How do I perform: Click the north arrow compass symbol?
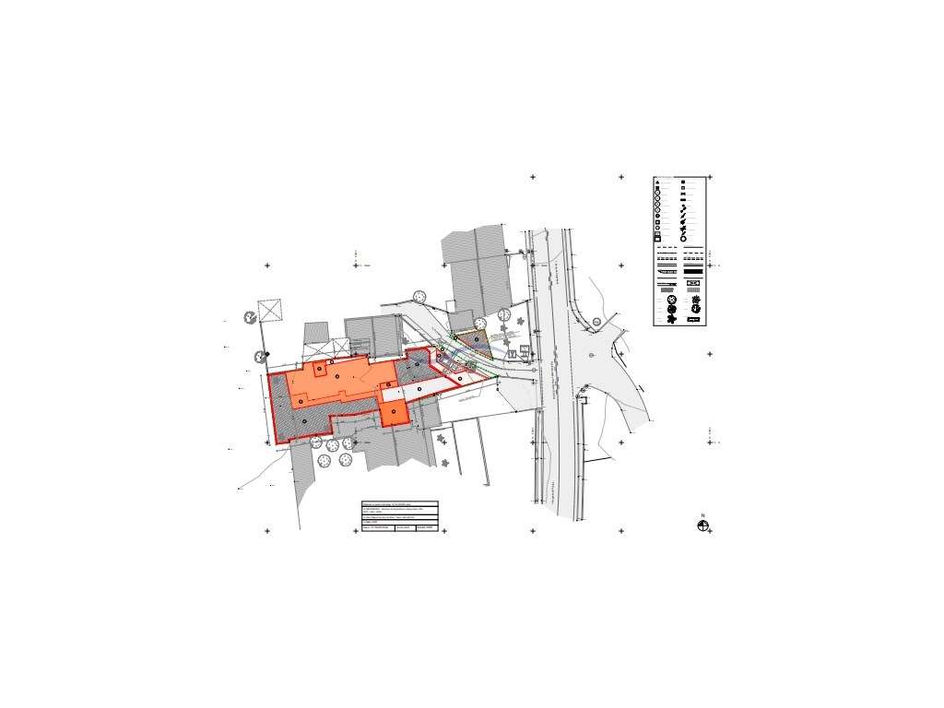pos(703,525)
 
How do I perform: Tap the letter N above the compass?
pos(702,515)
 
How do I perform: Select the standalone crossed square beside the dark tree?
pos(272,310)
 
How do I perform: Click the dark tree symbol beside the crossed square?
pos(250,318)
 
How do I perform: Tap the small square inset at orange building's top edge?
pos(319,370)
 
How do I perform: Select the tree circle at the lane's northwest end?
pos(419,296)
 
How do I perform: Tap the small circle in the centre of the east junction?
pos(590,355)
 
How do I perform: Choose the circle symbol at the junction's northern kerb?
pos(596,321)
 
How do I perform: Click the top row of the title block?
pos(399,504)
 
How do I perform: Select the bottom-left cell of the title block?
pos(377,528)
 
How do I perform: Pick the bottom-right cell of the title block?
pos(427,528)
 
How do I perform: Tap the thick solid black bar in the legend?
pos(667,273)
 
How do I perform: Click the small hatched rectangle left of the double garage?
pos(316,332)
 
